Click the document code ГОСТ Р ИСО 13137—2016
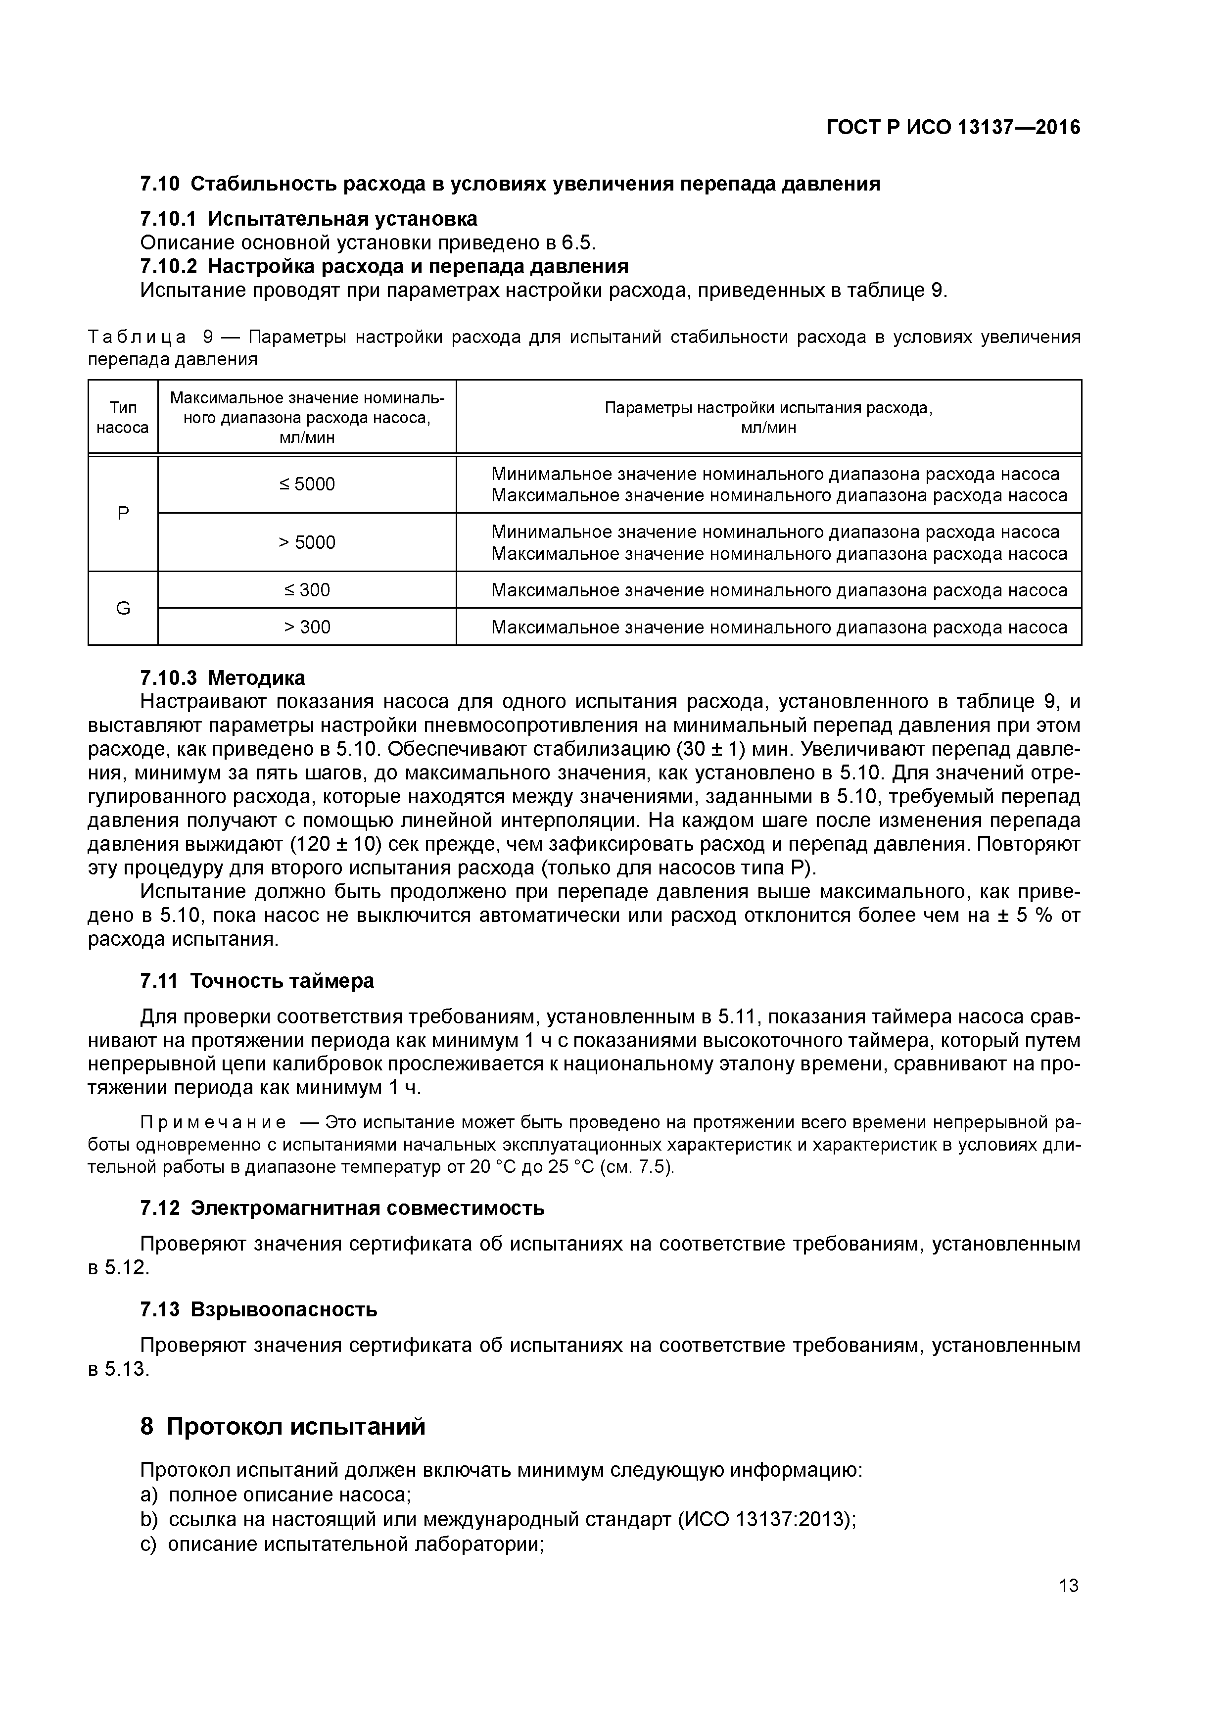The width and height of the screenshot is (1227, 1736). (x=952, y=128)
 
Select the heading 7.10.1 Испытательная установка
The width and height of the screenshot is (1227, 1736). (x=308, y=219)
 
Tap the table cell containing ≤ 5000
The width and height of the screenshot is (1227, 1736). (x=306, y=484)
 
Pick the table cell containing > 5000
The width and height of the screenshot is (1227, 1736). (x=306, y=542)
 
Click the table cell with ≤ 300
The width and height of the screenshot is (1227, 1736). (x=306, y=590)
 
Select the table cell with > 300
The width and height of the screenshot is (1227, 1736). (x=306, y=627)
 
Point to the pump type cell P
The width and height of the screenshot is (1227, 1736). (x=123, y=513)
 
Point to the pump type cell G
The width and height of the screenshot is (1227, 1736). (x=123, y=608)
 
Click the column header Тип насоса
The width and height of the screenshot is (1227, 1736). (x=123, y=417)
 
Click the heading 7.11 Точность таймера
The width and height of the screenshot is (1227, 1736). (x=257, y=981)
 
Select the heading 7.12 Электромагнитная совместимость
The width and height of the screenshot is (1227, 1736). (x=342, y=1207)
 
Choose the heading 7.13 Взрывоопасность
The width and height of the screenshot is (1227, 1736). (x=259, y=1309)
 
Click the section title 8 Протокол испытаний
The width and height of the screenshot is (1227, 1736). (x=283, y=1426)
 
